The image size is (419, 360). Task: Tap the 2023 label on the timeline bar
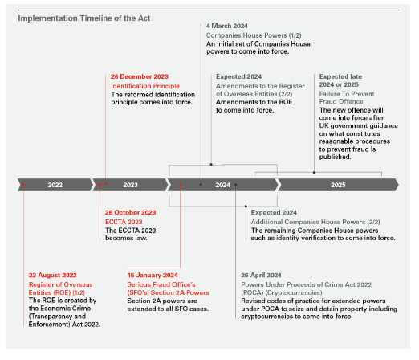[x=131, y=185]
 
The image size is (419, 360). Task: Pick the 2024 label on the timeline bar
[x=223, y=185]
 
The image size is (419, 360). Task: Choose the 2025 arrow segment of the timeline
[x=337, y=185]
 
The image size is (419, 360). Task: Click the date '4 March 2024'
[x=230, y=27]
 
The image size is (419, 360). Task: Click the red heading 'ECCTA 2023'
[x=126, y=222]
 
